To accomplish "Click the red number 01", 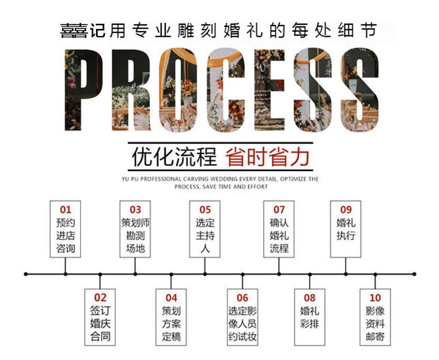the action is tap(65, 210).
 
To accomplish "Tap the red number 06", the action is tap(242, 298).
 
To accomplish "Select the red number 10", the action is tap(375, 298).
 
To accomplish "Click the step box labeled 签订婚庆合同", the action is tap(100, 317).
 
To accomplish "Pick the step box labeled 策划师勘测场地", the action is tap(135, 229).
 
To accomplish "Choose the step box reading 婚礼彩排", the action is tap(310, 317).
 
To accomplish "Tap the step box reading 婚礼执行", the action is tap(346, 229).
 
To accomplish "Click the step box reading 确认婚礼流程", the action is tap(279, 229).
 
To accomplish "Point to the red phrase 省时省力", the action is tap(268, 157).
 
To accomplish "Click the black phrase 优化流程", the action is tap(174, 157).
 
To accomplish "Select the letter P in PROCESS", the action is tap(83, 90).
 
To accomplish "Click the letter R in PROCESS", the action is tap(131, 90).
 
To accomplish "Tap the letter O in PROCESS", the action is tap(178, 90).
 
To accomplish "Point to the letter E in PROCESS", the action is tap(270, 90).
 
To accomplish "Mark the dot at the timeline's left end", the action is tap(26, 274).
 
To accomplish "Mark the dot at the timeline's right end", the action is tap(414, 274).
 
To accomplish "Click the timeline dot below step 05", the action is tap(205, 274).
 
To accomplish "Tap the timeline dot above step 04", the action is tap(171, 274).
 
